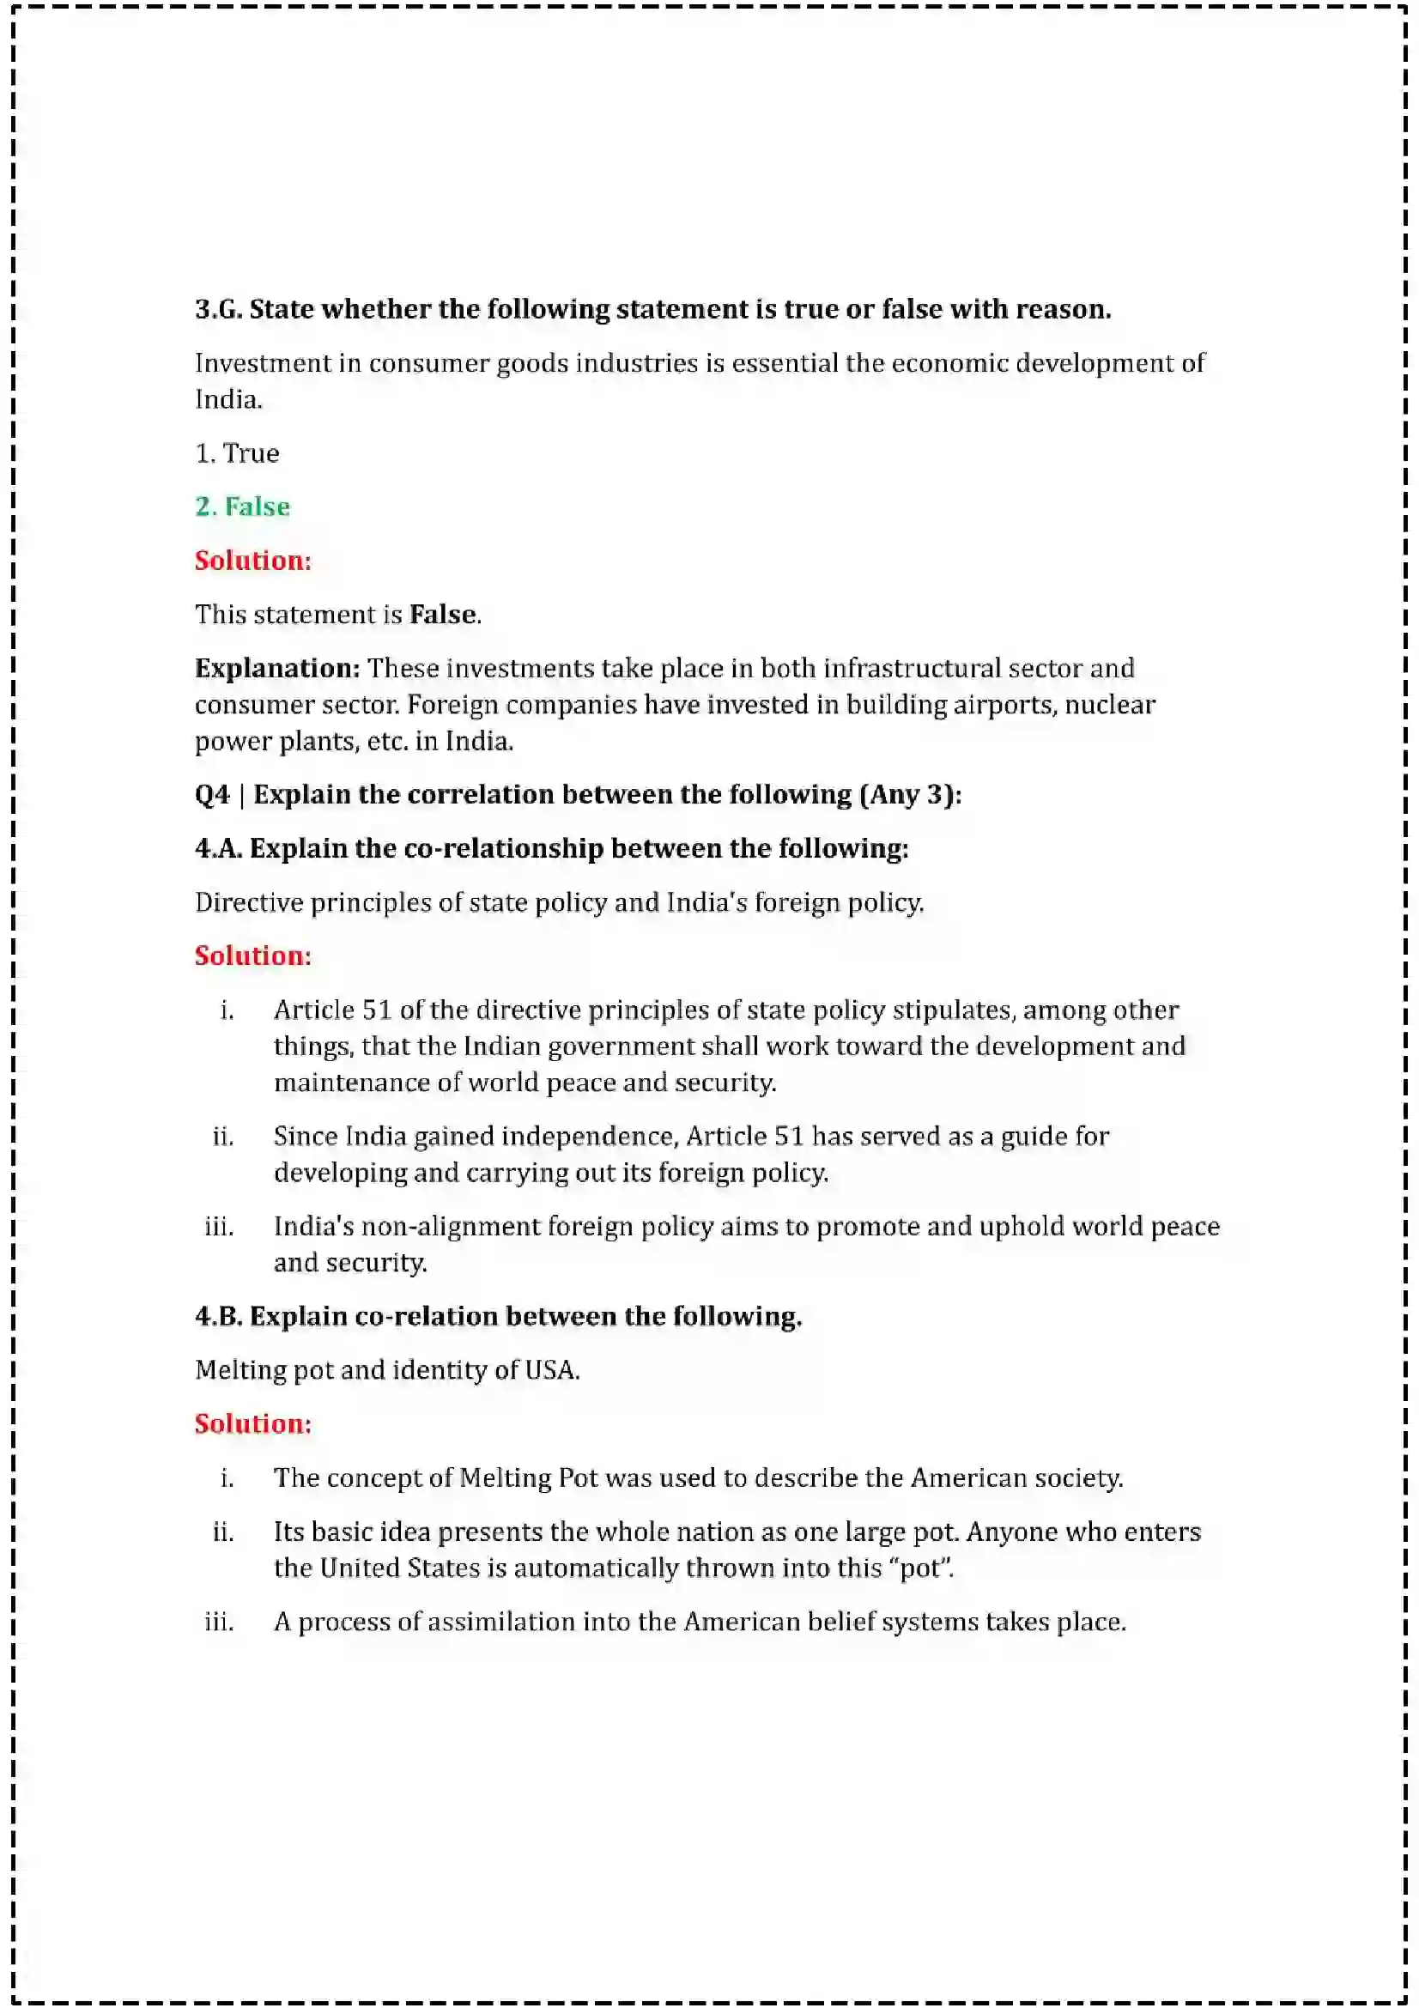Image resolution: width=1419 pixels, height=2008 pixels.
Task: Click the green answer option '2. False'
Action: [242, 507]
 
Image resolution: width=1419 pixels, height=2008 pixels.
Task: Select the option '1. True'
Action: [237, 453]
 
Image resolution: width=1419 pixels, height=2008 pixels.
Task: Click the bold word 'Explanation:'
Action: [277, 668]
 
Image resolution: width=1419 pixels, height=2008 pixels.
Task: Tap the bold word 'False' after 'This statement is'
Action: [442, 614]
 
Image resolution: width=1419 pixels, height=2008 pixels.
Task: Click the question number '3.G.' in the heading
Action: [219, 309]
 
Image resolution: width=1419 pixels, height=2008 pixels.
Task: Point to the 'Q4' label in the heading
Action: [211, 794]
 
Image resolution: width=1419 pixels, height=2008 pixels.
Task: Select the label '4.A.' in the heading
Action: [219, 848]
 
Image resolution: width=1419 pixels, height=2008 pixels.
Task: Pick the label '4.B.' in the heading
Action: [219, 1316]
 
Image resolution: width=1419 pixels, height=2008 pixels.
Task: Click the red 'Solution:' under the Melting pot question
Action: [252, 1423]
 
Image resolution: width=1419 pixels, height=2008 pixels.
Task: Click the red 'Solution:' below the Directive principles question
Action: [252, 955]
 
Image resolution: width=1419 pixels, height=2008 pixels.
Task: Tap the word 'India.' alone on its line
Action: [228, 400]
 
